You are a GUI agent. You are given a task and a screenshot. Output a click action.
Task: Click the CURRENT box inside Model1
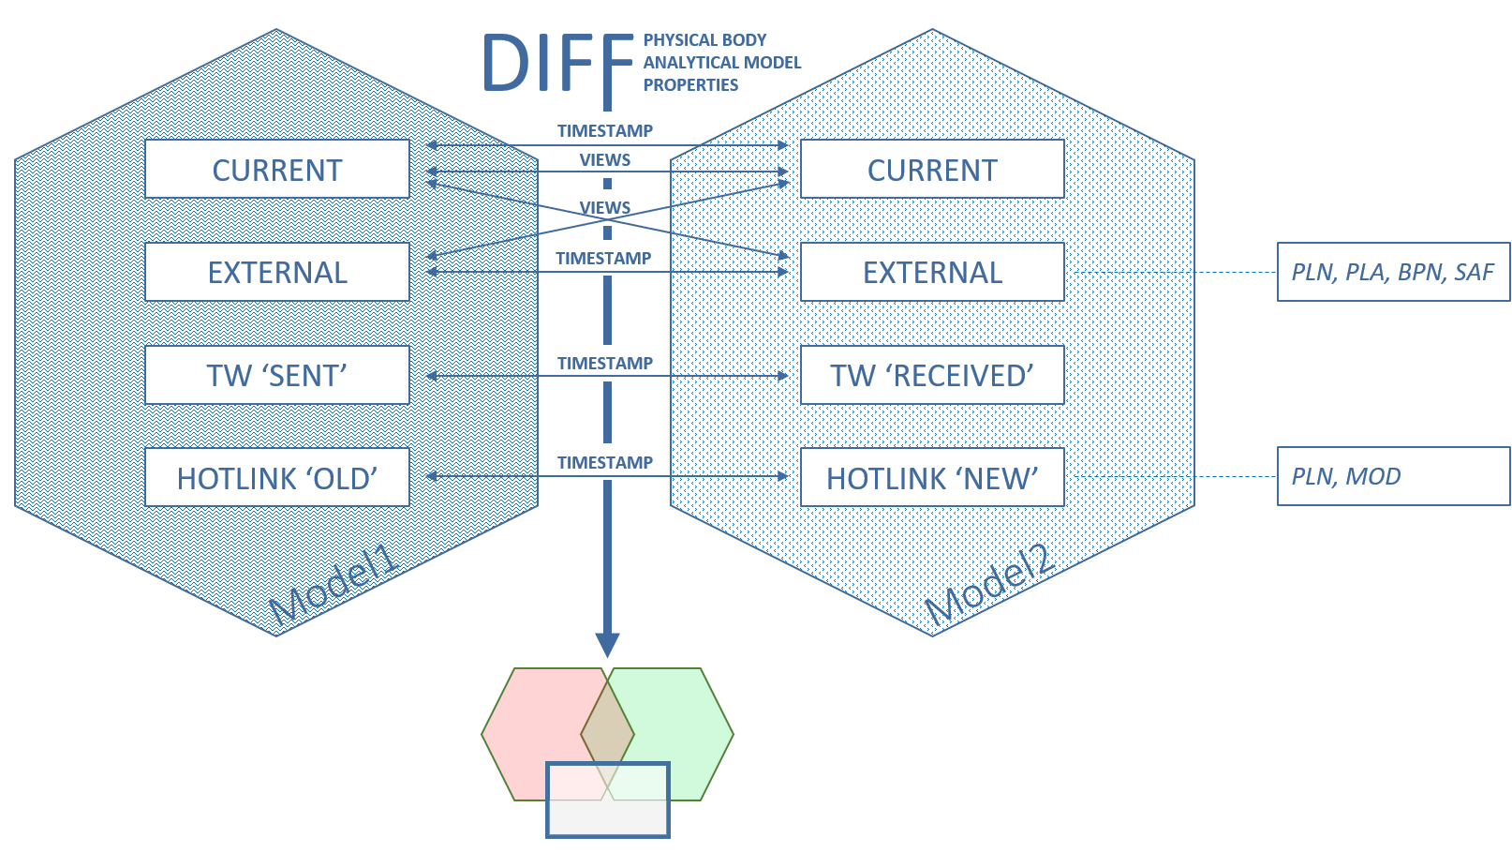(277, 170)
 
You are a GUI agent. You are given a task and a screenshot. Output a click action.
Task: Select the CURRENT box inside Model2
(932, 170)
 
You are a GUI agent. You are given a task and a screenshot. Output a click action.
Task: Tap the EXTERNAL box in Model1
(277, 272)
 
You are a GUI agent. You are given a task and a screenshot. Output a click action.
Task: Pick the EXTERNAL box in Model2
(932, 272)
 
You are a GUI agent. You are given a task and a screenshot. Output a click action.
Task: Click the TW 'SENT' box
(277, 375)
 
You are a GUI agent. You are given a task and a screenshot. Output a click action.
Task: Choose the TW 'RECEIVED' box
(932, 375)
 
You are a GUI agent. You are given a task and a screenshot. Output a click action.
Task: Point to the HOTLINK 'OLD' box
(277, 478)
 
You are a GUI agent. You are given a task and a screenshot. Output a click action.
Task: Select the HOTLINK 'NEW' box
(932, 478)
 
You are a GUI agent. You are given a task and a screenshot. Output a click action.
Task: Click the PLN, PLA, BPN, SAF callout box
(1393, 272)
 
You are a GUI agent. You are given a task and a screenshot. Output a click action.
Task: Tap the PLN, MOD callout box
(1393, 476)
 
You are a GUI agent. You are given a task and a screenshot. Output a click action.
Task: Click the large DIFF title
(558, 64)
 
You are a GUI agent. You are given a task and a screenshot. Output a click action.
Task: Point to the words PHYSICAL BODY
(704, 40)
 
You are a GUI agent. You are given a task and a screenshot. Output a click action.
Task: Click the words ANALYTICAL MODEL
(721, 63)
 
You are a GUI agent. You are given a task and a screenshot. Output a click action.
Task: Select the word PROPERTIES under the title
(690, 85)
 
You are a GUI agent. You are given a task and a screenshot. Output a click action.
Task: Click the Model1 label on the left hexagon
(334, 586)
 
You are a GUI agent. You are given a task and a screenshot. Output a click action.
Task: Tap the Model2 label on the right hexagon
(990, 586)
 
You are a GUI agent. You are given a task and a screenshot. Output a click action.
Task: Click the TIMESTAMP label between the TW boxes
(605, 364)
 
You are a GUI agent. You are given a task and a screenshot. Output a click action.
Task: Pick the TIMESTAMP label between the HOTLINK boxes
(605, 463)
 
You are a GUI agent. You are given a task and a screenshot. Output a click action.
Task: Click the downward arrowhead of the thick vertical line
(607, 645)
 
